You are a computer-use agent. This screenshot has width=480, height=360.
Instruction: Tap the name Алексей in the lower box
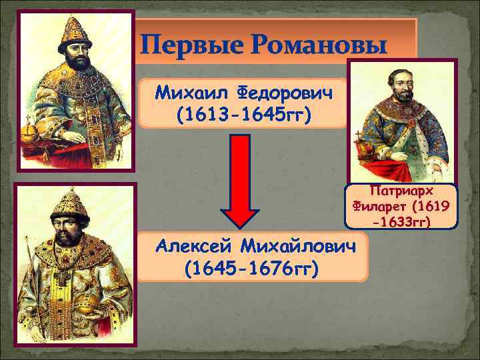[195, 247]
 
